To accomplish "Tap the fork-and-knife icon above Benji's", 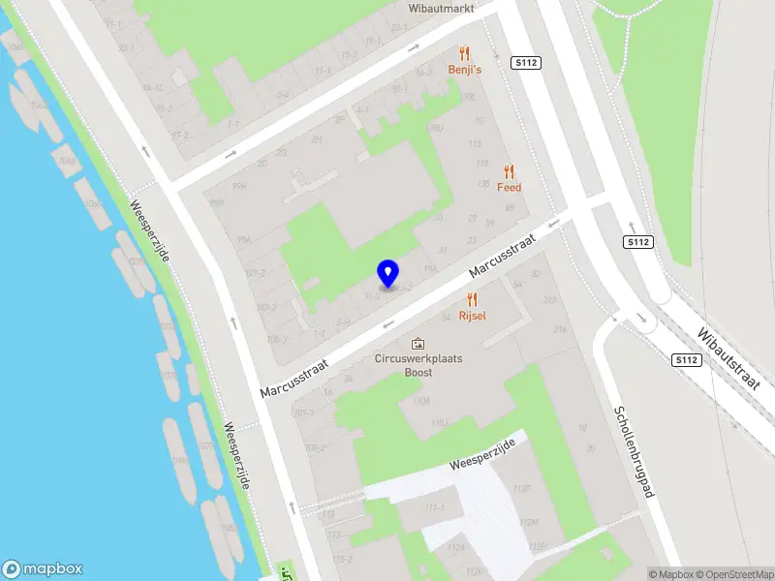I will click(465, 53).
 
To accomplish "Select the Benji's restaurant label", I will click(465, 70).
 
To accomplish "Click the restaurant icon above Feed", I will click(510, 171).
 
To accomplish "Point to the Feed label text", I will click(510, 188).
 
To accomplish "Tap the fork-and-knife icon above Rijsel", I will click(472, 300).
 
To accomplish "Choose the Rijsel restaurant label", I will click(472, 317).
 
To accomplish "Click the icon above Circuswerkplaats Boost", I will click(418, 343).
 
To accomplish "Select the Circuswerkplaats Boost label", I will click(418, 365).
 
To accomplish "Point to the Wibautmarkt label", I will click(442, 7).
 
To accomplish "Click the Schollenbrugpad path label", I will click(635, 451).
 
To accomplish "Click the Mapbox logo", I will click(43, 569).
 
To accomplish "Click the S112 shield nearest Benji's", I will click(526, 62).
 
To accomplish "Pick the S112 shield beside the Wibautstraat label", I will click(686, 360).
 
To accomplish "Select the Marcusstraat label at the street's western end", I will click(294, 376).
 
